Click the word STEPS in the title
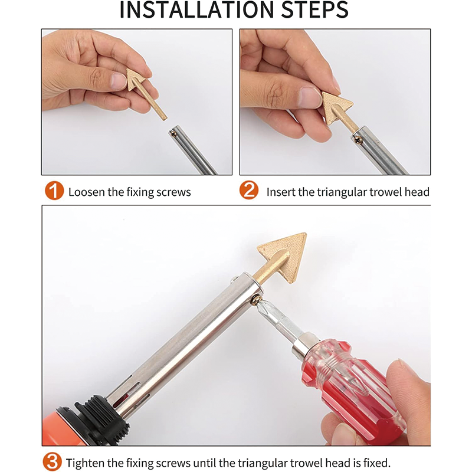point(315,9)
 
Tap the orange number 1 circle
point(54,191)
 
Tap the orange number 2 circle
point(249,190)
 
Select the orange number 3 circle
point(52,461)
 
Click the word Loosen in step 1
point(86,192)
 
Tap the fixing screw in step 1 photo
point(173,133)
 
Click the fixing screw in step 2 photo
point(358,139)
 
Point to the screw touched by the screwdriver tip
point(255,300)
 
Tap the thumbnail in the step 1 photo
point(118,81)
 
